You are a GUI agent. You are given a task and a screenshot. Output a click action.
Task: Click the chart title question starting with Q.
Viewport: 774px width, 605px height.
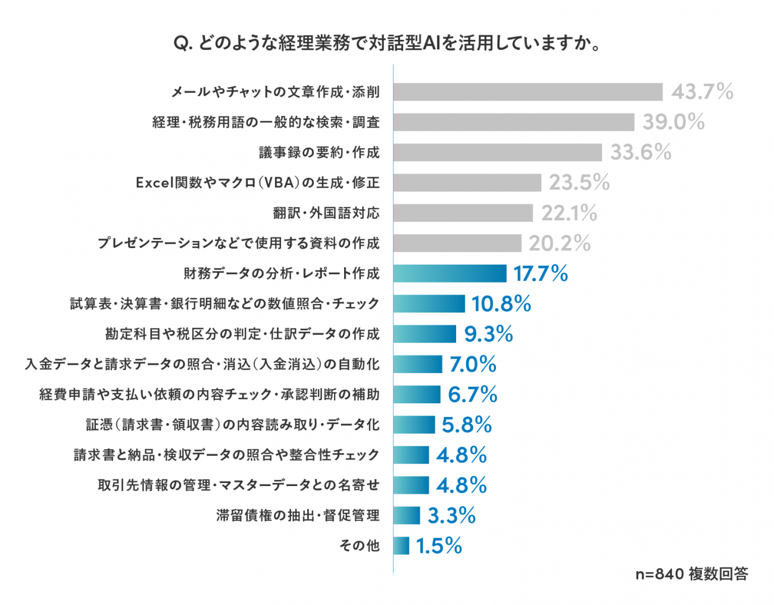point(387,44)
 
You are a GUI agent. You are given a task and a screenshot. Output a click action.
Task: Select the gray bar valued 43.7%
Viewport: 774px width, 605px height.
point(528,92)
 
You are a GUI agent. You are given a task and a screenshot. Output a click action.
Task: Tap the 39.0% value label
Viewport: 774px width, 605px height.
point(673,122)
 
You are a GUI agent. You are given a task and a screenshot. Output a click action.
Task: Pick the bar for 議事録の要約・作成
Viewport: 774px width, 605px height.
point(498,152)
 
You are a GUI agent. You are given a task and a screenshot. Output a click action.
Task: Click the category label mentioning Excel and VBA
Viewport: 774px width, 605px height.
point(258,183)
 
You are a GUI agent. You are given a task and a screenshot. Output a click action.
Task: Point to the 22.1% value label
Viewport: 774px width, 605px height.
point(569,213)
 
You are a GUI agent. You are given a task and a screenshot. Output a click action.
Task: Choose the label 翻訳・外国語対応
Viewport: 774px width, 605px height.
point(326,213)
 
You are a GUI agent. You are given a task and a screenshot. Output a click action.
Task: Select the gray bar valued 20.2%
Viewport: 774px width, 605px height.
point(457,243)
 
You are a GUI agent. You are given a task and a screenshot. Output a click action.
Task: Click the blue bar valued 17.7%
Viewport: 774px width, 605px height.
point(450,273)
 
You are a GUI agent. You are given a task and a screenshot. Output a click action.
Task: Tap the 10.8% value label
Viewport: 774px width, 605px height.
point(501,303)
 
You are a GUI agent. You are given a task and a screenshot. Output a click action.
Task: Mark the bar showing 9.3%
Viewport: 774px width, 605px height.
point(425,334)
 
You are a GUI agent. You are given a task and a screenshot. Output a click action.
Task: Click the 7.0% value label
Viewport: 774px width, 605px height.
point(473,364)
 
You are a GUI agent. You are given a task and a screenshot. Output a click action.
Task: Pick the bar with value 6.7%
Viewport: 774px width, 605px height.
point(417,394)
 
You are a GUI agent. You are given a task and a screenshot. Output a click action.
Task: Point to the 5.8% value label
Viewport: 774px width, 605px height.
point(467,425)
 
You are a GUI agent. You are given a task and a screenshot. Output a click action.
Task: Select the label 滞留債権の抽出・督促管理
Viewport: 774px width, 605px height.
point(298,515)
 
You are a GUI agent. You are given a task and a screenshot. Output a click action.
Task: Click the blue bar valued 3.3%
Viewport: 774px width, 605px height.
point(407,515)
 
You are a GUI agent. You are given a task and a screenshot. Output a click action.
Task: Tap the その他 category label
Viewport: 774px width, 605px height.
point(360,546)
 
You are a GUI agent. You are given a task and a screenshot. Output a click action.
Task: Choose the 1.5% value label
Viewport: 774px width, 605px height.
point(439,546)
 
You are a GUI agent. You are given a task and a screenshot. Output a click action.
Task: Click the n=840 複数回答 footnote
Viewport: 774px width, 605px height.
point(692,574)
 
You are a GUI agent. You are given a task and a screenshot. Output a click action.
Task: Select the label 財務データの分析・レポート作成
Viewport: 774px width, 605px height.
point(282,273)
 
